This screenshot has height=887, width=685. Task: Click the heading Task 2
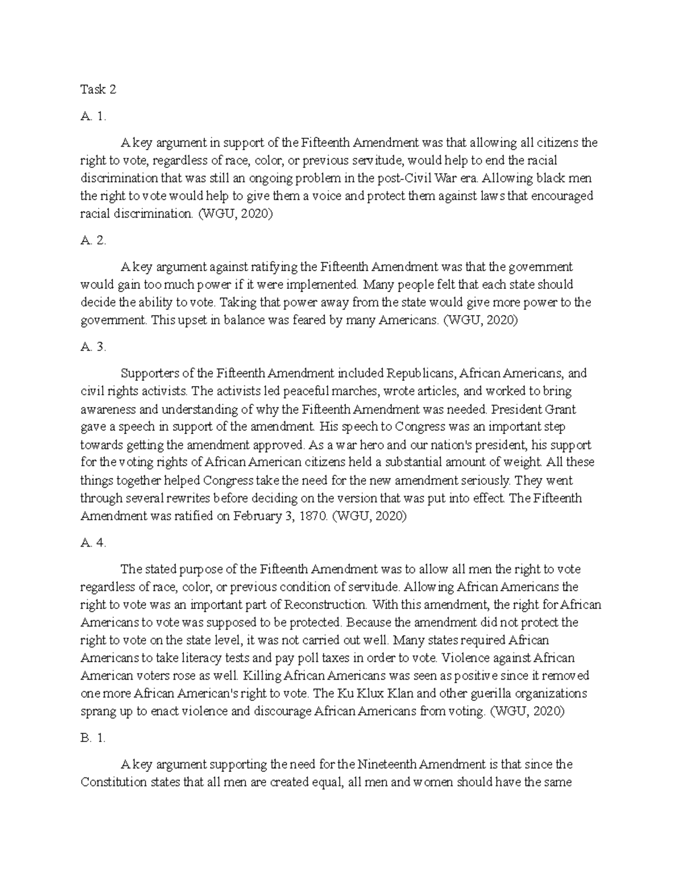coord(98,90)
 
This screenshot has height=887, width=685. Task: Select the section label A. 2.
coord(94,240)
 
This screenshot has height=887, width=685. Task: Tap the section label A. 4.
coord(94,543)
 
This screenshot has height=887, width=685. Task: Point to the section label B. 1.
coord(94,738)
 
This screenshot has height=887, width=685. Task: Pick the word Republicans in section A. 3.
coord(421,374)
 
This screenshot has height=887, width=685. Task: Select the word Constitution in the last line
coord(114,782)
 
